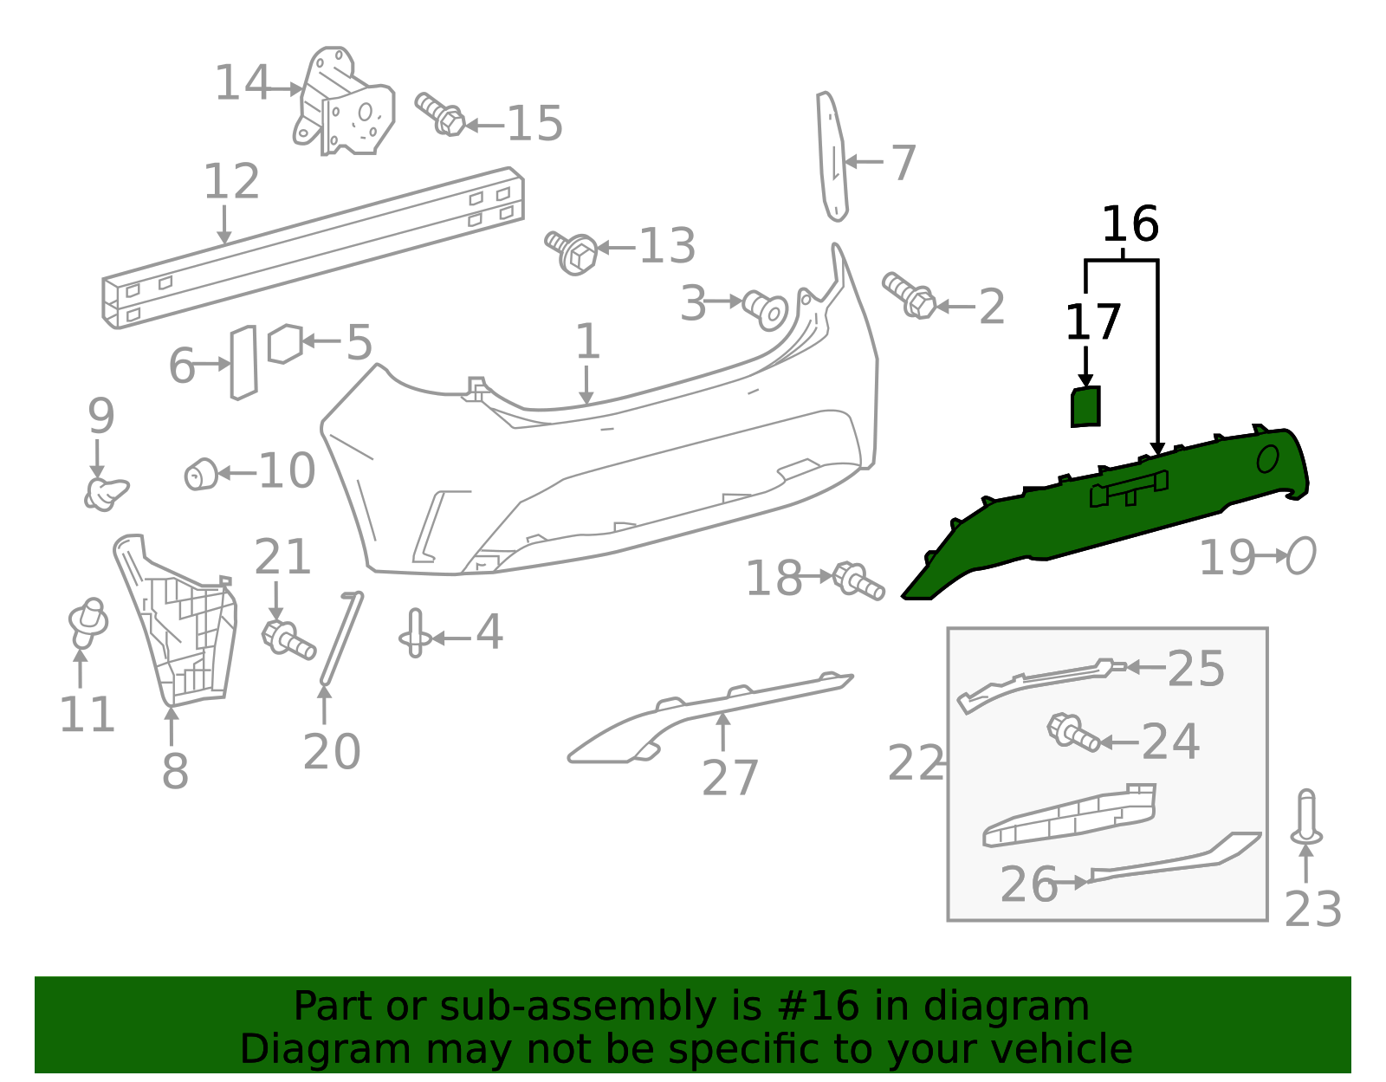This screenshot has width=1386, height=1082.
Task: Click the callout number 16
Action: (x=1130, y=224)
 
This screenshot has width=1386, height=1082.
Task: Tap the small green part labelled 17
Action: (x=1085, y=406)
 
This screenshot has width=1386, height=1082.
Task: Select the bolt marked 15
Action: (x=439, y=114)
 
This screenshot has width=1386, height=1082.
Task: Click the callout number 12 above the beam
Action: (x=231, y=181)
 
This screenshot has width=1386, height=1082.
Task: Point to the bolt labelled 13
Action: (x=571, y=252)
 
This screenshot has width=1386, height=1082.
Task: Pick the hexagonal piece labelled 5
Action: (x=284, y=344)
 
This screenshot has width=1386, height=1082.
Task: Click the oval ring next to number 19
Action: (x=1301, y=555)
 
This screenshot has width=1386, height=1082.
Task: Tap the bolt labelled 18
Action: (x=858, y=581)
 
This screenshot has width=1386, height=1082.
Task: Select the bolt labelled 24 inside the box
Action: (x=1073, y=733)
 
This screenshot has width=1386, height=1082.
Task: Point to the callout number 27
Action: (x=729, y=778)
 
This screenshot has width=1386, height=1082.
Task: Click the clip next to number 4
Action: (x=415, y=633)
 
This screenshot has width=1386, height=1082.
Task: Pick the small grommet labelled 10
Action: (x=201, y=475)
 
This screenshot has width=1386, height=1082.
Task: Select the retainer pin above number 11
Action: (x=88, y=622)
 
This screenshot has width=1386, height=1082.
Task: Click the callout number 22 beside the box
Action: (x=916, y=763)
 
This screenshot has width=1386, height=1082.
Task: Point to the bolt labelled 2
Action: (x=909, y=296)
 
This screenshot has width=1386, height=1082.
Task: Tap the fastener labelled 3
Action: (x=766, y=310)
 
